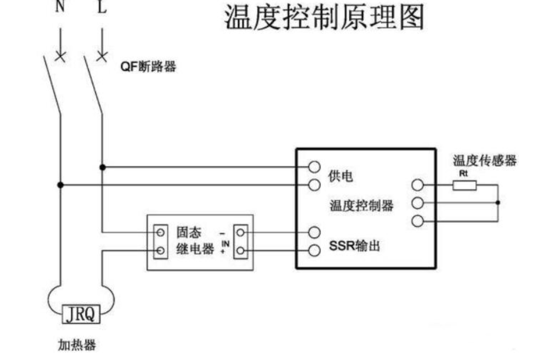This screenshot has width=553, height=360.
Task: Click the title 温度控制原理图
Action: click(x=324, y=18)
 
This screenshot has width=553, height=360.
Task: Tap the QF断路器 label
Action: click(x=148, y=66)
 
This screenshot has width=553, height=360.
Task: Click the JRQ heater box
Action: click(x=81, y=314)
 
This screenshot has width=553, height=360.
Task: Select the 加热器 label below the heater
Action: click(x=77, y=345)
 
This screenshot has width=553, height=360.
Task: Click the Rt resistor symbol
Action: click(x=465, y=185)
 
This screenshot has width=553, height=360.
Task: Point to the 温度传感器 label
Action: click(x=485, y=161)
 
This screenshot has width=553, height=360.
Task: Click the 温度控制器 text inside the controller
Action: click(x=362, y=205)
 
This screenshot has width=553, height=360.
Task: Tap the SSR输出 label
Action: click(x=355, y=246)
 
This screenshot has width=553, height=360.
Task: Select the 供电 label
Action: click(x=340, y=176)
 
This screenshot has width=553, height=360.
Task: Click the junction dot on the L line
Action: click(x=102, y=167)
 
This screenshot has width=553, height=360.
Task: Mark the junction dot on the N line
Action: click(x=60, y=185)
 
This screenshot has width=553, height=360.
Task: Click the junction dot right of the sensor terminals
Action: click(x=497, y=203)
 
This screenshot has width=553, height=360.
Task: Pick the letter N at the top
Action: click(x=60, y=6)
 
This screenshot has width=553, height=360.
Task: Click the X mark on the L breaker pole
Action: click(x=102, y=56)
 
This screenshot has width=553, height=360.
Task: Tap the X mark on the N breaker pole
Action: click(x=60, y=56)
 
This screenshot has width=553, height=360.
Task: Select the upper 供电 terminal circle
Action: click(x=314, y=167)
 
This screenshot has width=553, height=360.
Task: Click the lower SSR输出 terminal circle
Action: click(x=314, y=250)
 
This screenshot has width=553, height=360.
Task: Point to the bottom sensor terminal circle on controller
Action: click(x=418, y=221)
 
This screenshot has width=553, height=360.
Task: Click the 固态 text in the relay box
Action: click(x=188, y=232)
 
